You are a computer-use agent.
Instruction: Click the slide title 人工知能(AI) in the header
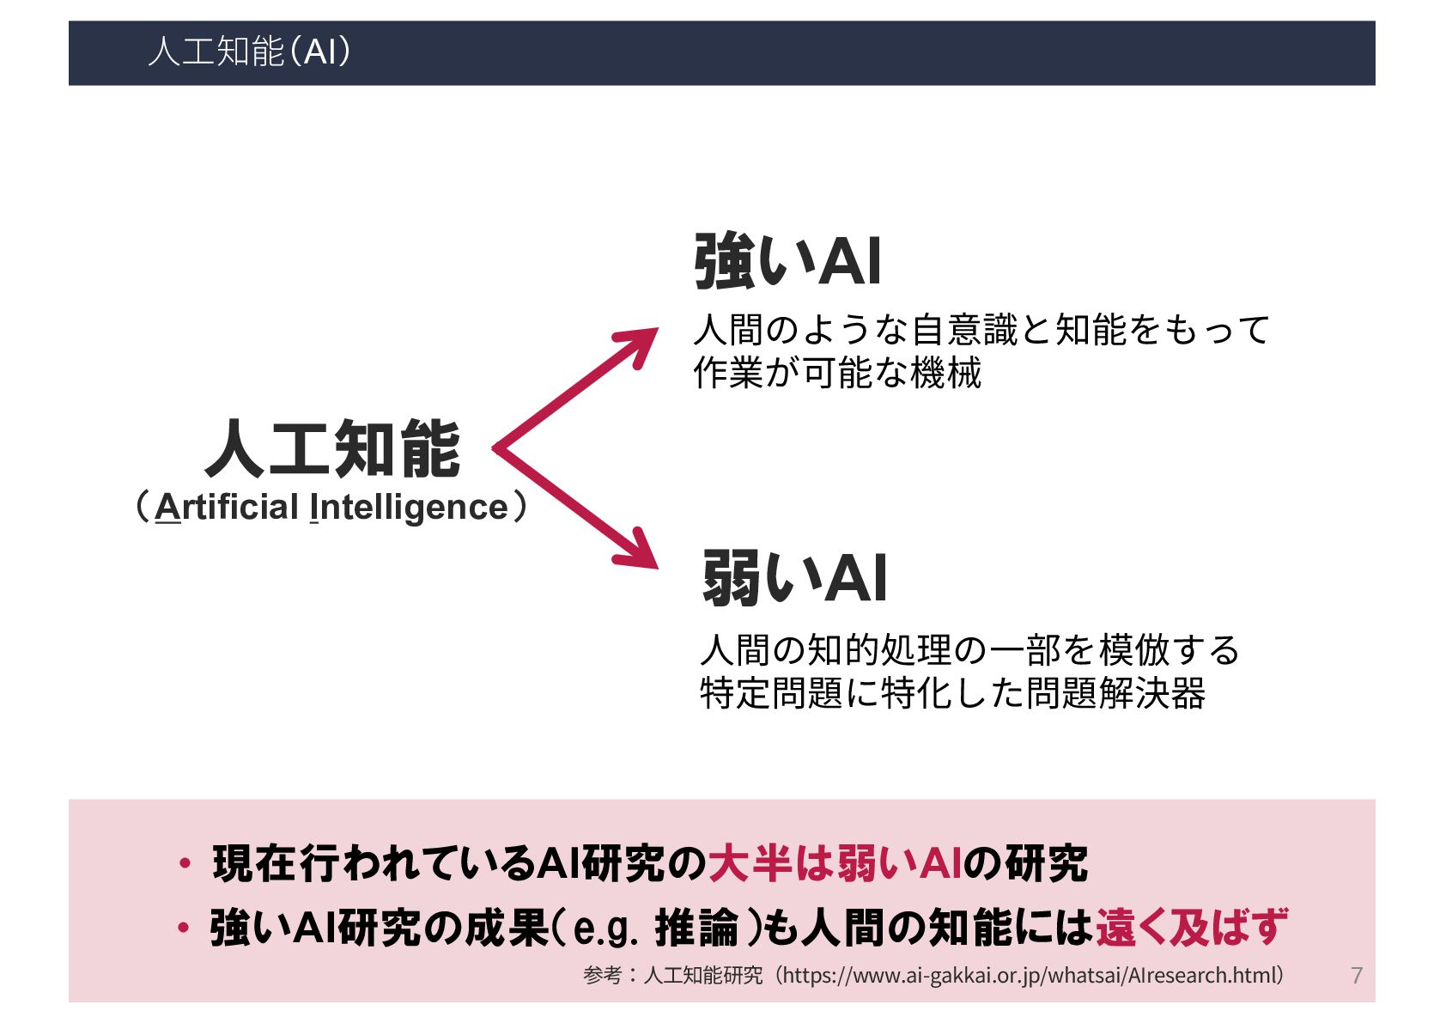249,52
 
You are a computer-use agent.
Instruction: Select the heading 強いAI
787,261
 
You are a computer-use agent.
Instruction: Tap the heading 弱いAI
794,578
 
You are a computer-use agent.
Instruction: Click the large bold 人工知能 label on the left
333,449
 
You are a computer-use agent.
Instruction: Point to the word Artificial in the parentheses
227,508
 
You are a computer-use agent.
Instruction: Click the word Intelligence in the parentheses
409,508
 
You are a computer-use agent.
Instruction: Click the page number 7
1356,975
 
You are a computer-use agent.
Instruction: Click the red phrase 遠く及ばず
1191,928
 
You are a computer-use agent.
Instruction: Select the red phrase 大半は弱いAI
835,863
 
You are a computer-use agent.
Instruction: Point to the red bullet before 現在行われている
185,863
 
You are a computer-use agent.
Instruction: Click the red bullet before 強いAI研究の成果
183,928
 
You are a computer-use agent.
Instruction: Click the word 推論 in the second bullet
696,928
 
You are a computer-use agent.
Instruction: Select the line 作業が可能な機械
837,373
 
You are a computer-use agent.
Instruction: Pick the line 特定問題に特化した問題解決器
952,693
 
